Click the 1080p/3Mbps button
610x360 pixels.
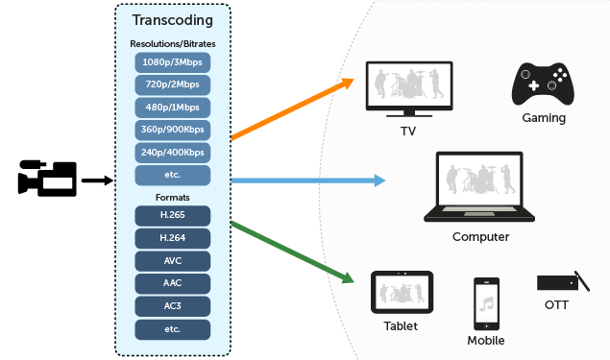tap(172, 62)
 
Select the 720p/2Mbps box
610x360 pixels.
tap(172, 84)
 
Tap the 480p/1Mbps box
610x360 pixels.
tap(172, 107)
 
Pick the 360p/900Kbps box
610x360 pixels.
tap(172, 130)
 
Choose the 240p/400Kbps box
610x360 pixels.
tap(172, 152)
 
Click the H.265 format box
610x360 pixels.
tap(172, 215)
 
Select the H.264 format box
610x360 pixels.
tap(172, 237)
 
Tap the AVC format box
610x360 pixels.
tap(172, 260)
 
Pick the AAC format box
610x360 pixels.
tap(172, 282)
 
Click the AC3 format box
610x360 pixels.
tap(172, 305)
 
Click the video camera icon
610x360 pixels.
tap(46, 179)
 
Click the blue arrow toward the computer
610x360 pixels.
tap(307, 180)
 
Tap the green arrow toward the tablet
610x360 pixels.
tap(293, 252)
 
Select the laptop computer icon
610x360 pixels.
tap(479, 186)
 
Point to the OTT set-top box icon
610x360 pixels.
tap(562, 283)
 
